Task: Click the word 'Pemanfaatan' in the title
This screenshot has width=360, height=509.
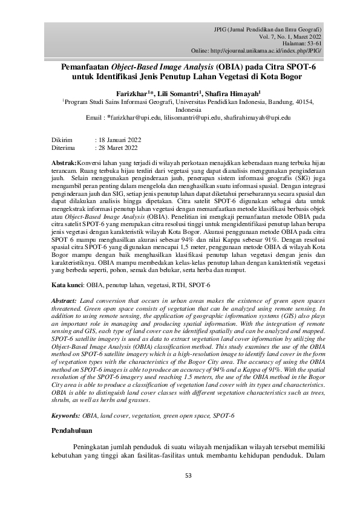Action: [x=89, y=68]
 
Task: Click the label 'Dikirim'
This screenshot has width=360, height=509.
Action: [x=61, y=140]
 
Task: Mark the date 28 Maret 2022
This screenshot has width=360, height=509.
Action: [x=117, y=148]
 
